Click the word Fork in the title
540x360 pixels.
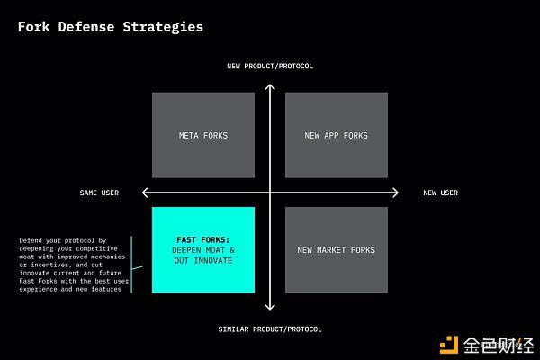pyautogui.click(x=34, y=27)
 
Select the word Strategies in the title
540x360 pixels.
pyautogui.click(x=163, y=27)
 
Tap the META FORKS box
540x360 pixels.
pyautogui.click(x=203, y=135)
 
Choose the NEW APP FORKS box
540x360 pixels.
pyautogui.click(x=337, y=135)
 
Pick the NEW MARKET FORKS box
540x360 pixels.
pyautogui.click(x=337, y=250)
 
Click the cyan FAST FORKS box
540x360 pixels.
pyautogui.click(x=203, y=250)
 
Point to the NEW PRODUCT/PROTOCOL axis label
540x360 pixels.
pyautogui.click(x=270, y=66)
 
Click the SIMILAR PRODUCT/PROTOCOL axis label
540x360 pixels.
pyautogui.click(x=270, y=329)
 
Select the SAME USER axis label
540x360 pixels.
pyautogui.click(x=99, y=193)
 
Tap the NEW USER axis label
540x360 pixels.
pyautogui.click(x=441, y=193)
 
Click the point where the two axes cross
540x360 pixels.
pyautogui.click(x=270, y=193)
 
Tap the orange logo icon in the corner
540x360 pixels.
pyautogui.click(x=449, y=345)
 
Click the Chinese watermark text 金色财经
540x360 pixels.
pyautogui.click(x=499, y=346)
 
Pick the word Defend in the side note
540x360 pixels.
pyautogui.click(x=31, y=240)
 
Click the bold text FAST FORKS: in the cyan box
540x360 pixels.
pyautogui.click(x=203, y=239)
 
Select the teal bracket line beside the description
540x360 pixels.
pyautogui.click(x=131, y=265)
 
